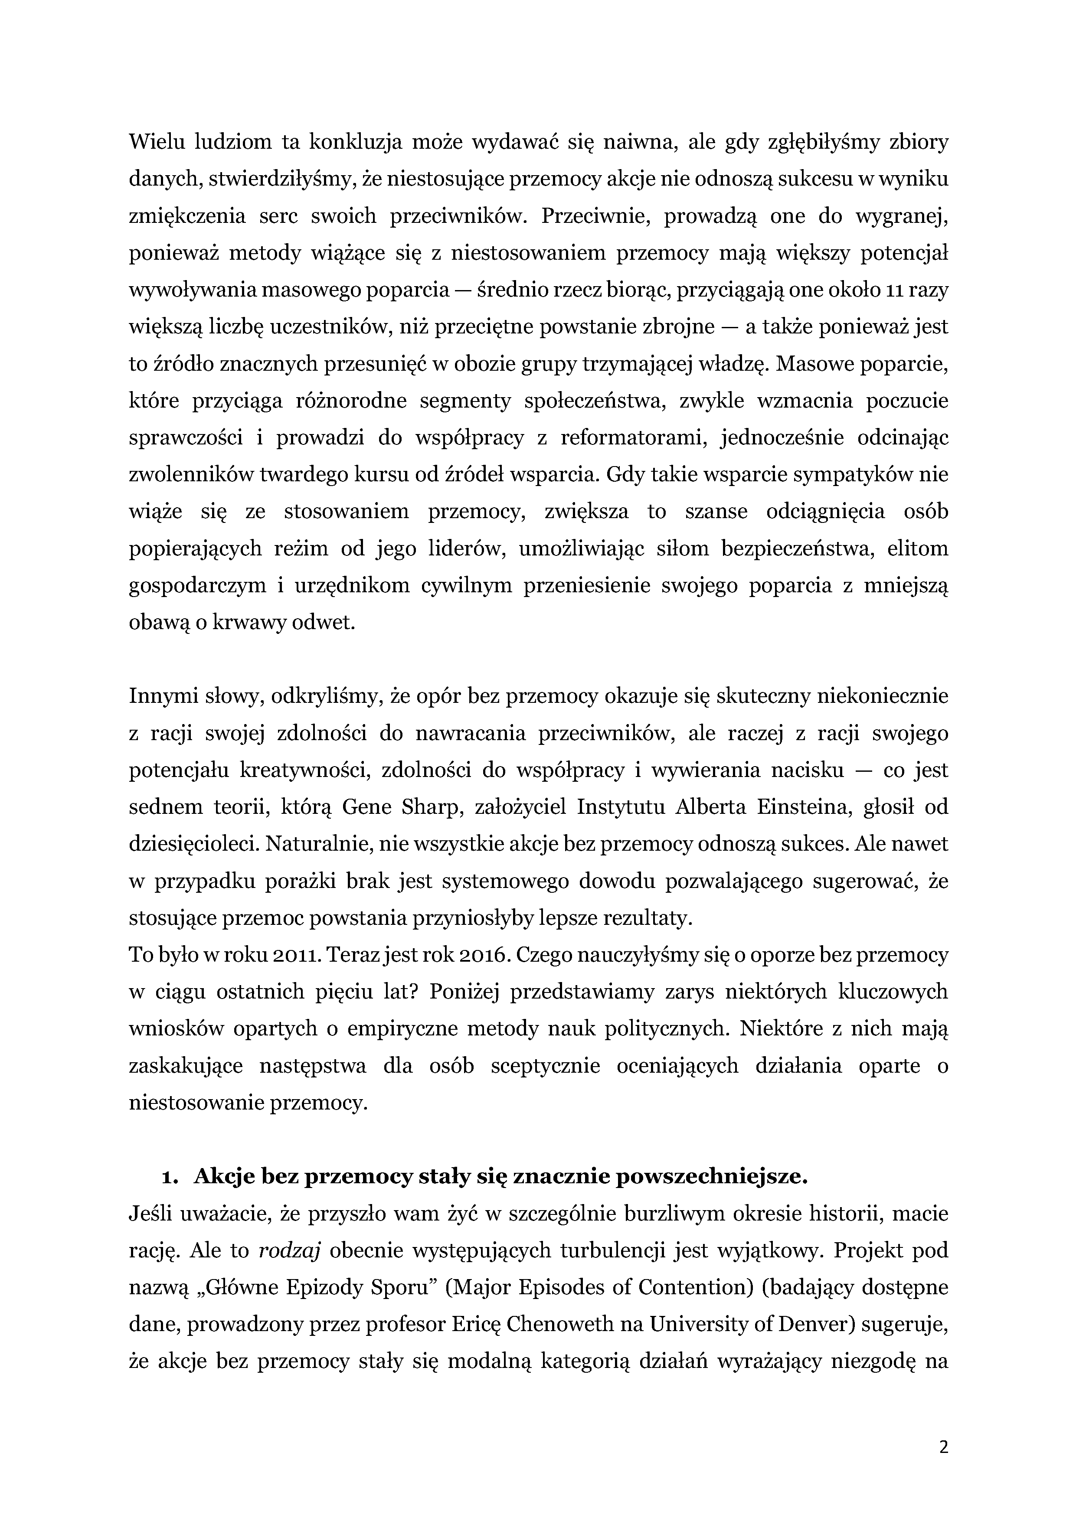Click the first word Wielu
coord(157,142)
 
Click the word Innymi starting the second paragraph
coord(157,696)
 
